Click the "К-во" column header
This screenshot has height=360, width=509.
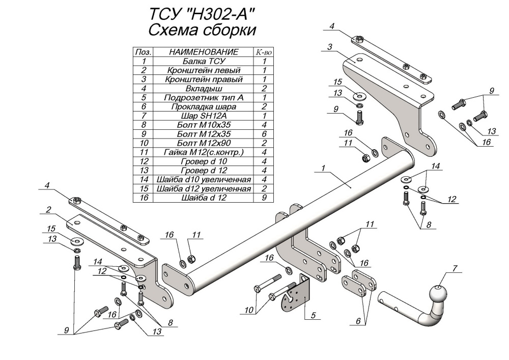[264, 52]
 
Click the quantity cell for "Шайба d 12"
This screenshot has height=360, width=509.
[264, 199]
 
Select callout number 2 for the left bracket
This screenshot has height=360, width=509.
[47, 209]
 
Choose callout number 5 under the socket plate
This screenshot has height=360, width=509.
[314, 316]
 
